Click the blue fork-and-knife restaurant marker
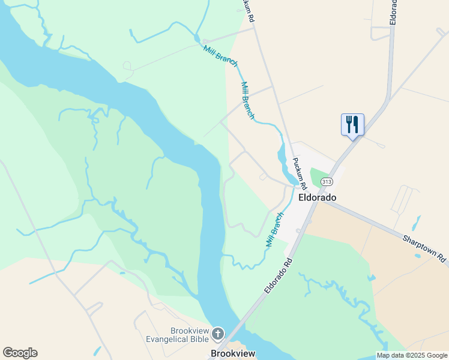[x=352, y=125]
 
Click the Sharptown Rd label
[x=425, y=247]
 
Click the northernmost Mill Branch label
[x=220, y=56]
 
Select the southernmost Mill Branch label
[x=274, y=230]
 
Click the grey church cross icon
[x=217, y=333]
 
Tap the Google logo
[x=20, y=353]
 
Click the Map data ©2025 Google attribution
[x=412, y=355]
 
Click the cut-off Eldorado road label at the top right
[x=393, y=11]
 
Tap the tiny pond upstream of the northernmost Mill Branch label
[x=197, y=39]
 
